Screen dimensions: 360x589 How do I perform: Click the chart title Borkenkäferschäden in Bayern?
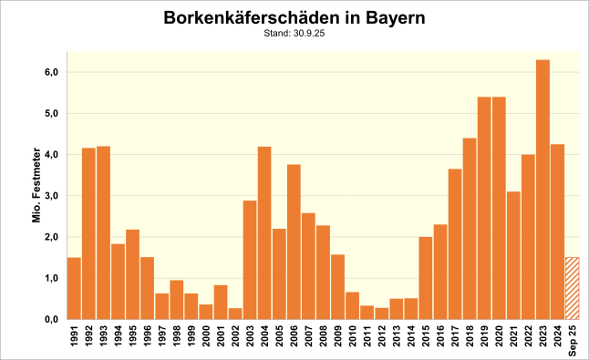tap(294, 18)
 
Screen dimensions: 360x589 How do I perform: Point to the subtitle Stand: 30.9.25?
tap(294, 34)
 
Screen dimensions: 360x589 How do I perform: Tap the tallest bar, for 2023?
tap(542, 190)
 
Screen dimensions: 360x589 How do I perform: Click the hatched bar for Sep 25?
tap(572, 288)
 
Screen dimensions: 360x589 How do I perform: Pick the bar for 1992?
tap(88, 233)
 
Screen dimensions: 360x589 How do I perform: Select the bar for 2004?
tap(264, 233)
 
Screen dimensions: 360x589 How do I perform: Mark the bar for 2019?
tap(484, 208)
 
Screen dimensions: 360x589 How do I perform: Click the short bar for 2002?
tap(235, 314)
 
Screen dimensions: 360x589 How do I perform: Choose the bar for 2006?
tap(294, 242)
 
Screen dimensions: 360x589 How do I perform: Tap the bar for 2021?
tap(513, 255)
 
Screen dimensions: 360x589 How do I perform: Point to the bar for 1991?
tap(74, 288)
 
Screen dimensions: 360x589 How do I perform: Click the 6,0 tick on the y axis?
tap(51, 72)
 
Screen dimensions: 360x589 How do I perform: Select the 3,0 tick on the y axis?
tap(51, 196)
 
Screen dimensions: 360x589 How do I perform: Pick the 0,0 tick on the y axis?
tap(51, 320)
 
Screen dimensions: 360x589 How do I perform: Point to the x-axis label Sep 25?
tap(573, 337)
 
